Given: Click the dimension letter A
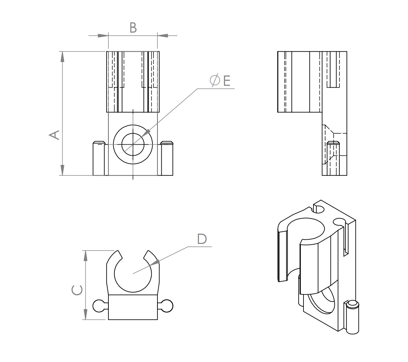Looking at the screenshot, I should click(x=54, y=135).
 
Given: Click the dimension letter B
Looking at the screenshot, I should click(x=133, y=28).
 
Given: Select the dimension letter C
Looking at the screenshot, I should click(x=77, y=290).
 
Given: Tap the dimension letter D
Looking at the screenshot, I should click(x=202, y=239).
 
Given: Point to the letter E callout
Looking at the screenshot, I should click(x=227, y=81).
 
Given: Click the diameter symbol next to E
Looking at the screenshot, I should click(x=215, y=81).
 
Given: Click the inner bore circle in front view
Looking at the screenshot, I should click(x=133, y=144).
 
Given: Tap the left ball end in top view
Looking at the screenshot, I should click(x=98, y=306).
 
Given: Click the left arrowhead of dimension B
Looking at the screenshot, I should click(x=103, y=35).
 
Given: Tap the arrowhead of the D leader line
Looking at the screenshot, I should click(x=155, y=263).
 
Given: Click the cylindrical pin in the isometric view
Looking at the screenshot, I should click(x=353, y=317).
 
